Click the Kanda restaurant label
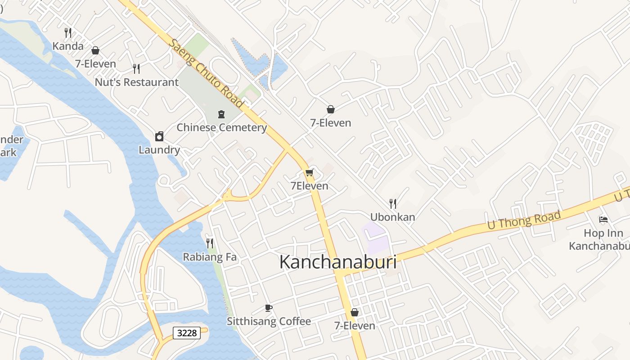tap(68, 46)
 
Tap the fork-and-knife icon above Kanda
tap(68, 32)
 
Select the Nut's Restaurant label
tap(136, 82)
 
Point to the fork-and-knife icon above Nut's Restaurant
tap(136, 68)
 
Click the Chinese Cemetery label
tap(221, 127)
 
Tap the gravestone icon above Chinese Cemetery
tap(221, 114)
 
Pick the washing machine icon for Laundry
tap(159, 136)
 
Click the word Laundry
tap(159, 150)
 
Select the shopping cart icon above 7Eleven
tap(309, 172)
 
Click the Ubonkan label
tap(393, 217)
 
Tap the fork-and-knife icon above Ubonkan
tap(393, 203)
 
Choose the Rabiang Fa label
tap(210, 257)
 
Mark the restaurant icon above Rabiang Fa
tap(210, 243)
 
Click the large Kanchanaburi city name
tap(338, 262)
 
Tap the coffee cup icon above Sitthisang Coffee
tap(269, 308)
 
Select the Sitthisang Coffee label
tap(269, 321)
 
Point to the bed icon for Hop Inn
tap(603, 220)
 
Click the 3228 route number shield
tap(187, 333)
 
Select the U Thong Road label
tap(524, 221)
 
